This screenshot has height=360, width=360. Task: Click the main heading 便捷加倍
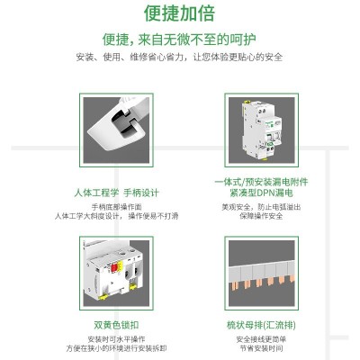click(180, 14)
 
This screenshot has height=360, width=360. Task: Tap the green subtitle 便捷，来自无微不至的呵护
click(180, 39)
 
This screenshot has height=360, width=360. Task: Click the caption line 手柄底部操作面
click(118, 207)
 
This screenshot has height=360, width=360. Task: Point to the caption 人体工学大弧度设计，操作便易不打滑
click(118, 217)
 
